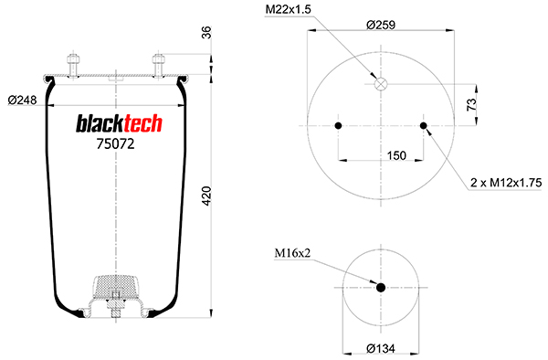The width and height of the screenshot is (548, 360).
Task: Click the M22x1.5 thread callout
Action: pyautogui.click(x=288, y=9)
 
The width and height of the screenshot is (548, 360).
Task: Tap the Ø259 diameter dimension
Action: pyautogui.click(x=381, y=26)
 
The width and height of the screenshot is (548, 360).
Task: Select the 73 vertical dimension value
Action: pyautogui.click(x=471, y=104)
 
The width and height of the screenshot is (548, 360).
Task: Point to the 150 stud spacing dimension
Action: pyautogui.click(x=396, y=155)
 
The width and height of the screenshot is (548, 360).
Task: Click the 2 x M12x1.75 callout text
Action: pyautogui.click(x=506, y=183)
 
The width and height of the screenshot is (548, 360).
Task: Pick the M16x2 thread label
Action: pyautogui.click(x=292, y=253)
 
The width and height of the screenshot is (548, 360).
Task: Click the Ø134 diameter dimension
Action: pyautogui.click(x=381, y=348)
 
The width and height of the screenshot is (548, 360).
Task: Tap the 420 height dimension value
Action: pyautogui.click(x=207, y=196)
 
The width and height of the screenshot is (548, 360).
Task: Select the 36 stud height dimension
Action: pyautogui.click(x=207, y=33)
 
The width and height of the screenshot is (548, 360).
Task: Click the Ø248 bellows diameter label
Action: pyautogui.click(x=22, y=101)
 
